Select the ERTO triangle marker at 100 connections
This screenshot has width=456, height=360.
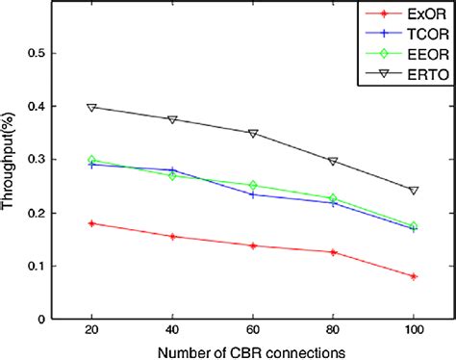pyautogui.click(x=414, y=191)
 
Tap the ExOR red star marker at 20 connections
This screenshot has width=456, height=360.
pyautogui.click(x=91, y=223)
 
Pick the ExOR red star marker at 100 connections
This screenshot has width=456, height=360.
pyautogui.click(x=414, y=276)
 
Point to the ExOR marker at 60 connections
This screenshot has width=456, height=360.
pyautogui.click(x=253, y=245)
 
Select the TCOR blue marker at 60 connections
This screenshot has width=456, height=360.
pyautogui.click(x=253, y=194)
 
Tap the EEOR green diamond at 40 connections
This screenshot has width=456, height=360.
pyautogui.click(x=172, y=175)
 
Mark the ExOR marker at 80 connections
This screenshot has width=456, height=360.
pyautogui.click(x=333, y=252)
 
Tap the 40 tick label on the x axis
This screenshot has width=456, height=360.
pyautogui.click(x=172, y=332)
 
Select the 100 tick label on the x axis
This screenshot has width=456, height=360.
pyautogui.click(x=414, y=332)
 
